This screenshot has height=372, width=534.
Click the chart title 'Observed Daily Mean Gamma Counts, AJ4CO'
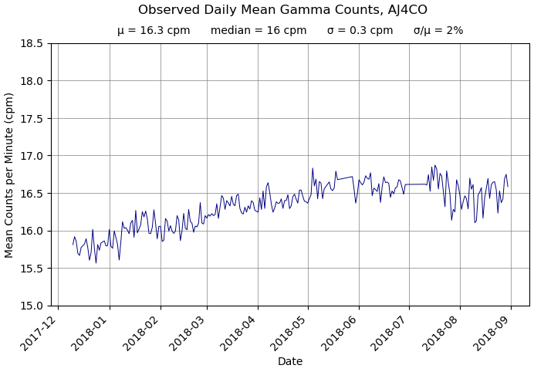282,10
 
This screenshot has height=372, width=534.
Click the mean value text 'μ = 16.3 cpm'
154,31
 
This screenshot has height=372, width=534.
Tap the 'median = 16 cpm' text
259,31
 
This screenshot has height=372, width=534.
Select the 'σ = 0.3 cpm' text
360,31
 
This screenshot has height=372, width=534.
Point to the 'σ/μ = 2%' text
438,31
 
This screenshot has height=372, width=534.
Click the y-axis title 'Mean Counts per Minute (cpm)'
10,174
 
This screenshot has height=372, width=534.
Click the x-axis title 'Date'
290,361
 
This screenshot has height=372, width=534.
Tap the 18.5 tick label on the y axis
31,43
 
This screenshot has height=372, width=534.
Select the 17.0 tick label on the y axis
31,156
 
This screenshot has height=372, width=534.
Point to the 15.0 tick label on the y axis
31,306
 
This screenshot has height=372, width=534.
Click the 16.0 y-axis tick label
31,231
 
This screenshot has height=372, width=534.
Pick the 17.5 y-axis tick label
31,118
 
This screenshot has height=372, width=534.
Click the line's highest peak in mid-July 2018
434,165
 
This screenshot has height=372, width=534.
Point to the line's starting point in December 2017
73,245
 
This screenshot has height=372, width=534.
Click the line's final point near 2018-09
508,186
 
